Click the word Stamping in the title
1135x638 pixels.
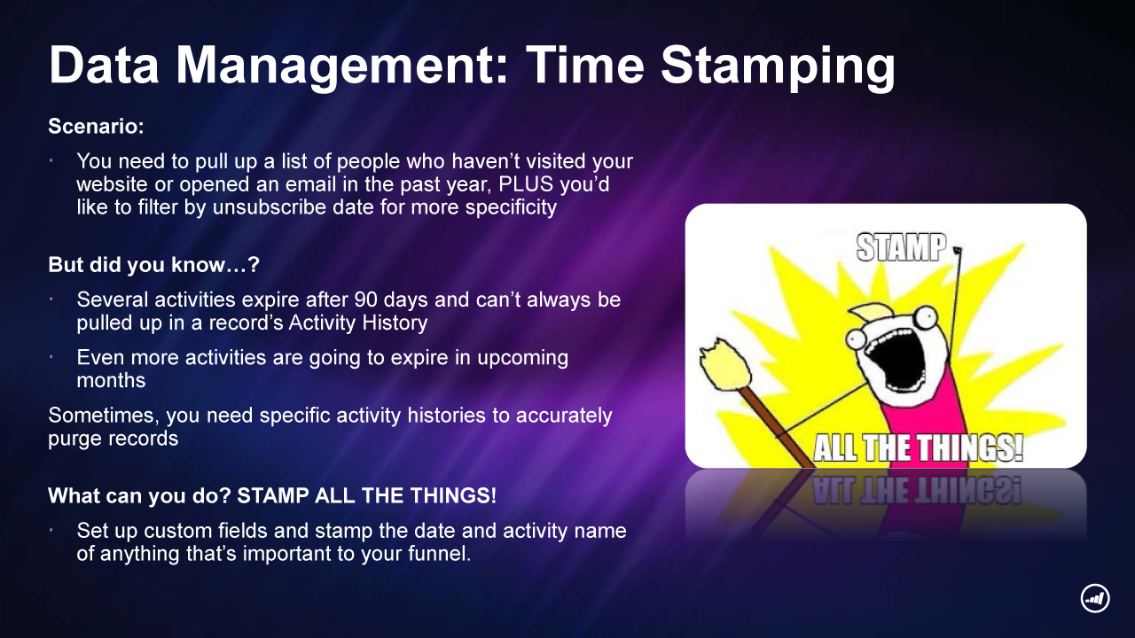[x=778, y=66]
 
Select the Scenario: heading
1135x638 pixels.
[x=97, y=126]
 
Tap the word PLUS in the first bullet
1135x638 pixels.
[x=526, y=183]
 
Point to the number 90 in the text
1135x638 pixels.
[x=366, y=300]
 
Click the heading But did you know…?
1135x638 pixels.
[x=153, y=264]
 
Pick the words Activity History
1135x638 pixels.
[x=357, y=323]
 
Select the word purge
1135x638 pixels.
[x=73, y=440]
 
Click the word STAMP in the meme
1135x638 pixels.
[x=902, y=247]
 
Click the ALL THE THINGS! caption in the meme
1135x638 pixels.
[x=918, y=448]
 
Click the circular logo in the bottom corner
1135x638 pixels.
[x=1095, y=598]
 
